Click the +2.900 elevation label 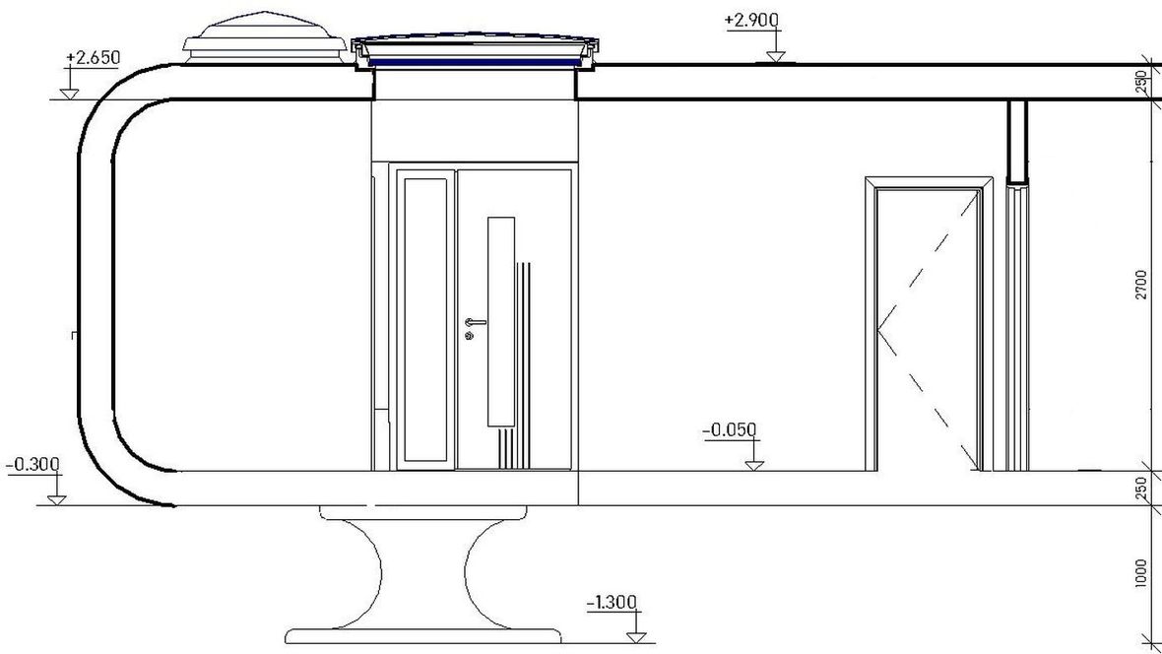751,20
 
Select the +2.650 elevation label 93,57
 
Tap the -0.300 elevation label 32,465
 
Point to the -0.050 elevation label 730,430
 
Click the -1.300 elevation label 612,602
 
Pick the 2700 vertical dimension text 1141,285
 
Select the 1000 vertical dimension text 1141,573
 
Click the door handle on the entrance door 475,322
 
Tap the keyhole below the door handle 469,336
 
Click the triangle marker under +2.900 776,57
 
